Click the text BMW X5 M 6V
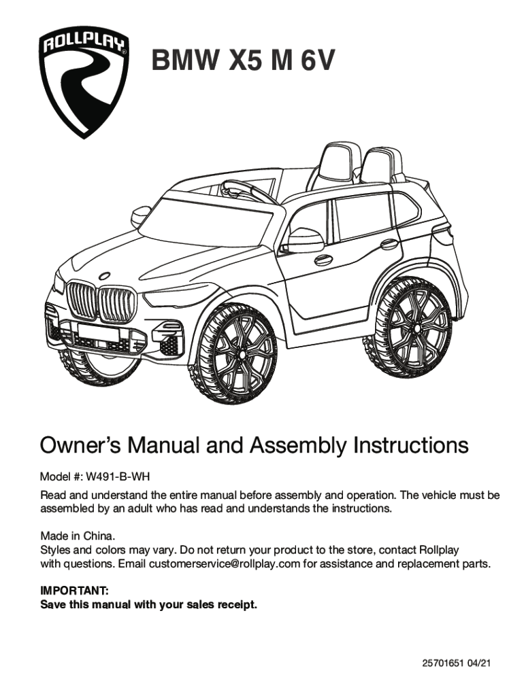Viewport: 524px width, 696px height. [x=243, y=62]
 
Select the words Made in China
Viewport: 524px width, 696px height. [x=78, y=535]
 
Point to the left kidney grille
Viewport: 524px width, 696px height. [x=81, y=300]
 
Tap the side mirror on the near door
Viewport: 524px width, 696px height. [x=302, y=239]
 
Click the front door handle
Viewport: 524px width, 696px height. [x=323, y=260]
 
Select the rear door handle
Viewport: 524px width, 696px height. [x=389, y=243]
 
